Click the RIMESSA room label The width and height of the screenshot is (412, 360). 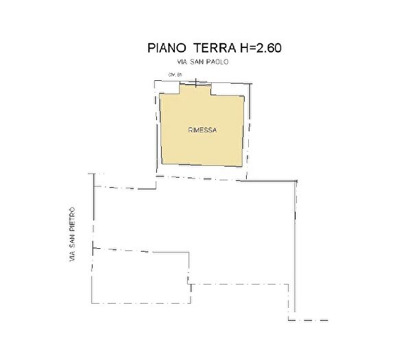(202, 128)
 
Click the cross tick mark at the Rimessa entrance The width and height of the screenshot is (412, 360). (196, 83)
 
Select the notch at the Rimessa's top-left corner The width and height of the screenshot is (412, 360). (169, 89)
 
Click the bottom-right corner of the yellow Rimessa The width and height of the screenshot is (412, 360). (243, 165)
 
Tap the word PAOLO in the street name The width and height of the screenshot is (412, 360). (217, 62)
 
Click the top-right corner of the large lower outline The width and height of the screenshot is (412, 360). (297, 180)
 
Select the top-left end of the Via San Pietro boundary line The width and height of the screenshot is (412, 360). (91, 174)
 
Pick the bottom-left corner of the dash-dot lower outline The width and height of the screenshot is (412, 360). (92, 303)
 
